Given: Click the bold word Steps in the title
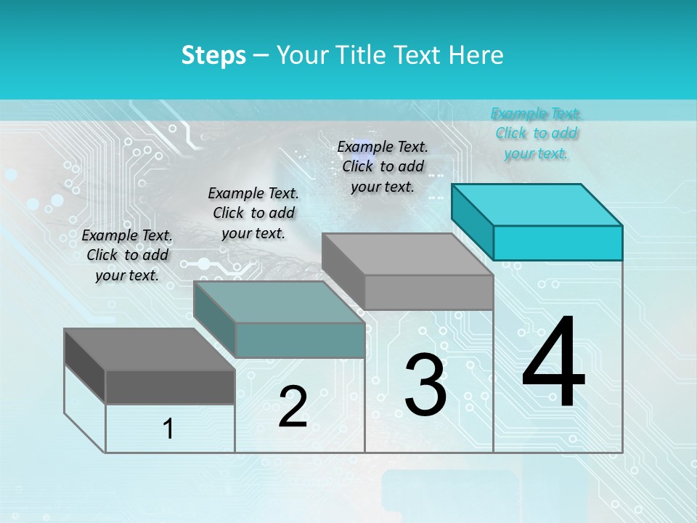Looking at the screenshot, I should pos(213,55).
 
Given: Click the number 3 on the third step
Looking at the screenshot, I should pos(425,385).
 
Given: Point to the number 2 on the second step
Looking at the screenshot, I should pos(293,407).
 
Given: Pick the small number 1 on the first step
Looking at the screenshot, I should pos(168,429).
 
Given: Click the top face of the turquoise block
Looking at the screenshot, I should pos(537,204).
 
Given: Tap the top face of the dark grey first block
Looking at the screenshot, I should pos(149,349).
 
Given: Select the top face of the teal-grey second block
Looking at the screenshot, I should pos(280,301).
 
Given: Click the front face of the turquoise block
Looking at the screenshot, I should pos(558,243).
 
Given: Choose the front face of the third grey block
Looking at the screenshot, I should pos(428,292).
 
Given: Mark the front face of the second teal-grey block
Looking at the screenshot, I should pos(300,340).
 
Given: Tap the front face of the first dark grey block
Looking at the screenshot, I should pos(170,386).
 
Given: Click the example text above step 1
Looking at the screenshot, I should pos(127,255).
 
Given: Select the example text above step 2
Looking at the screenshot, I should pos(253,213).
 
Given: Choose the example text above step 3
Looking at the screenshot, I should pos(383,166).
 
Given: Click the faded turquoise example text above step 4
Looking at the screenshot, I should pos(536,133).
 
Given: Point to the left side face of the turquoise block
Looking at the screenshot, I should pos(473,222).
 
